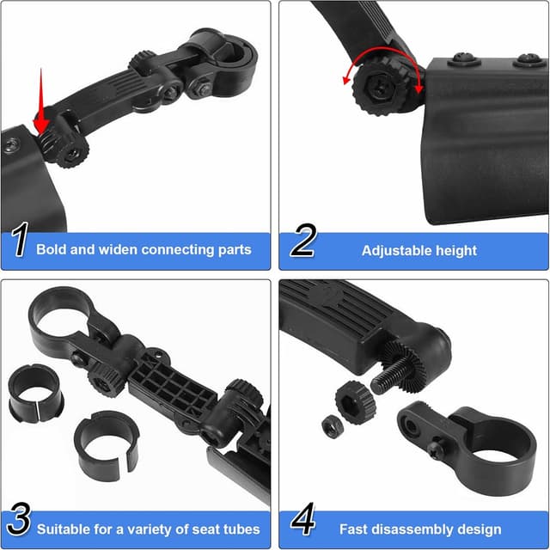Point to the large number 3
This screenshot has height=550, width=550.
18,522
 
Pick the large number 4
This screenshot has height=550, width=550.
302,522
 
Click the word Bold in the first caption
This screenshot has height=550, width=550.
52,250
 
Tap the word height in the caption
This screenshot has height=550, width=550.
456,250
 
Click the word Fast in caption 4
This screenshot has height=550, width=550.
354,529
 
